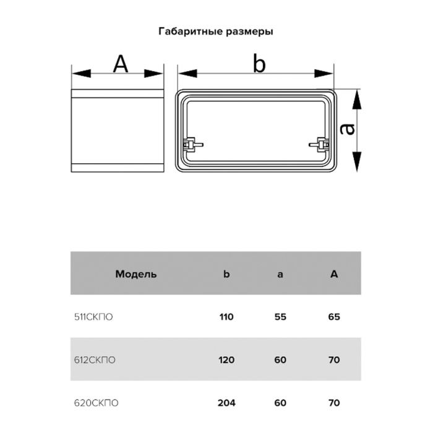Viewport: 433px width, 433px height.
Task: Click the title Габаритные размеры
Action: (x=216, y=30)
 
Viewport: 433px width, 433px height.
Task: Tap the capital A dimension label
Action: (x=121, y=64)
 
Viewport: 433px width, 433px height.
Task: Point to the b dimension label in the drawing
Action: (x=259, y=63)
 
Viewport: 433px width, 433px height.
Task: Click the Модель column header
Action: (x=135, y=273)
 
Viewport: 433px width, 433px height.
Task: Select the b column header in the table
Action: (x=226, y=273)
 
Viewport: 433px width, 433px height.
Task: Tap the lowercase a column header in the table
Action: (x=280, y=273)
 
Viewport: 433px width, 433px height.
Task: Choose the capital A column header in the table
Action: (x=334, y=273)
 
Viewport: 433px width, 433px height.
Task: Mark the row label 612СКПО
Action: (x=94, y=359)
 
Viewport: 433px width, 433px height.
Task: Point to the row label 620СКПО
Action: (x=95, y=403)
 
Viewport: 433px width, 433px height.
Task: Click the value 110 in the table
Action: (x=226, y=317)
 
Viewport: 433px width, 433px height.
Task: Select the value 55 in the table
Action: (x=280, y=317)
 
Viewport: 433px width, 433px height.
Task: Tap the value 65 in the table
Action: (x=334, y=317)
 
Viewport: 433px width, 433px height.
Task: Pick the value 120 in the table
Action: (x=226, y=359)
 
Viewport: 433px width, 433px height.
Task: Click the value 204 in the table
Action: (x=226, y=403)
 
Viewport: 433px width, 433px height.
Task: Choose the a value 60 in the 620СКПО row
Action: (x=280, y=403)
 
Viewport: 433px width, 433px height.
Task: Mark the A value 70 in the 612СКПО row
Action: (x=334, y=359)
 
